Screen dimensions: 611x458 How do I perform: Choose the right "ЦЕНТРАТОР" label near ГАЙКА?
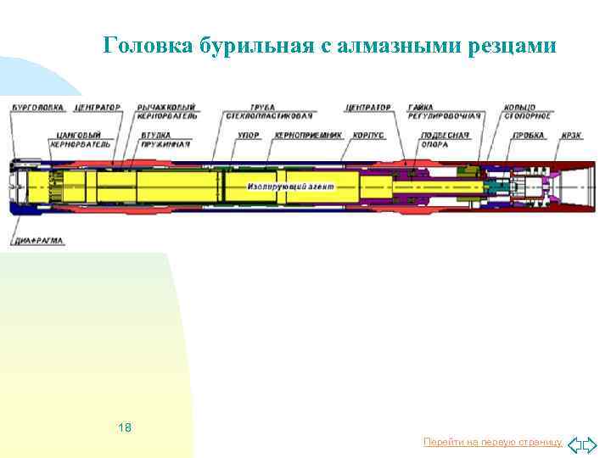(x=368, y=108)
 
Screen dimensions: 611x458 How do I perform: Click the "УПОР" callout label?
(x=249, y=135)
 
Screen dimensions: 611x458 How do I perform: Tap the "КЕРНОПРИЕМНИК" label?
(x=307, y=135)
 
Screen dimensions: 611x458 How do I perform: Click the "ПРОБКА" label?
(x=528, y=135)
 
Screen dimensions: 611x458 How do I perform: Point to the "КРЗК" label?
(x=571, y=135)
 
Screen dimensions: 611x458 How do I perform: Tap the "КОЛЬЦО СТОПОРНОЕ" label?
(x=528, y=112)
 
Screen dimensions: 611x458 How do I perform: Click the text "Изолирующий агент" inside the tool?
(x=292, y=186)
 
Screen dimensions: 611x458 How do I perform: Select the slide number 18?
(x=126, y=427)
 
